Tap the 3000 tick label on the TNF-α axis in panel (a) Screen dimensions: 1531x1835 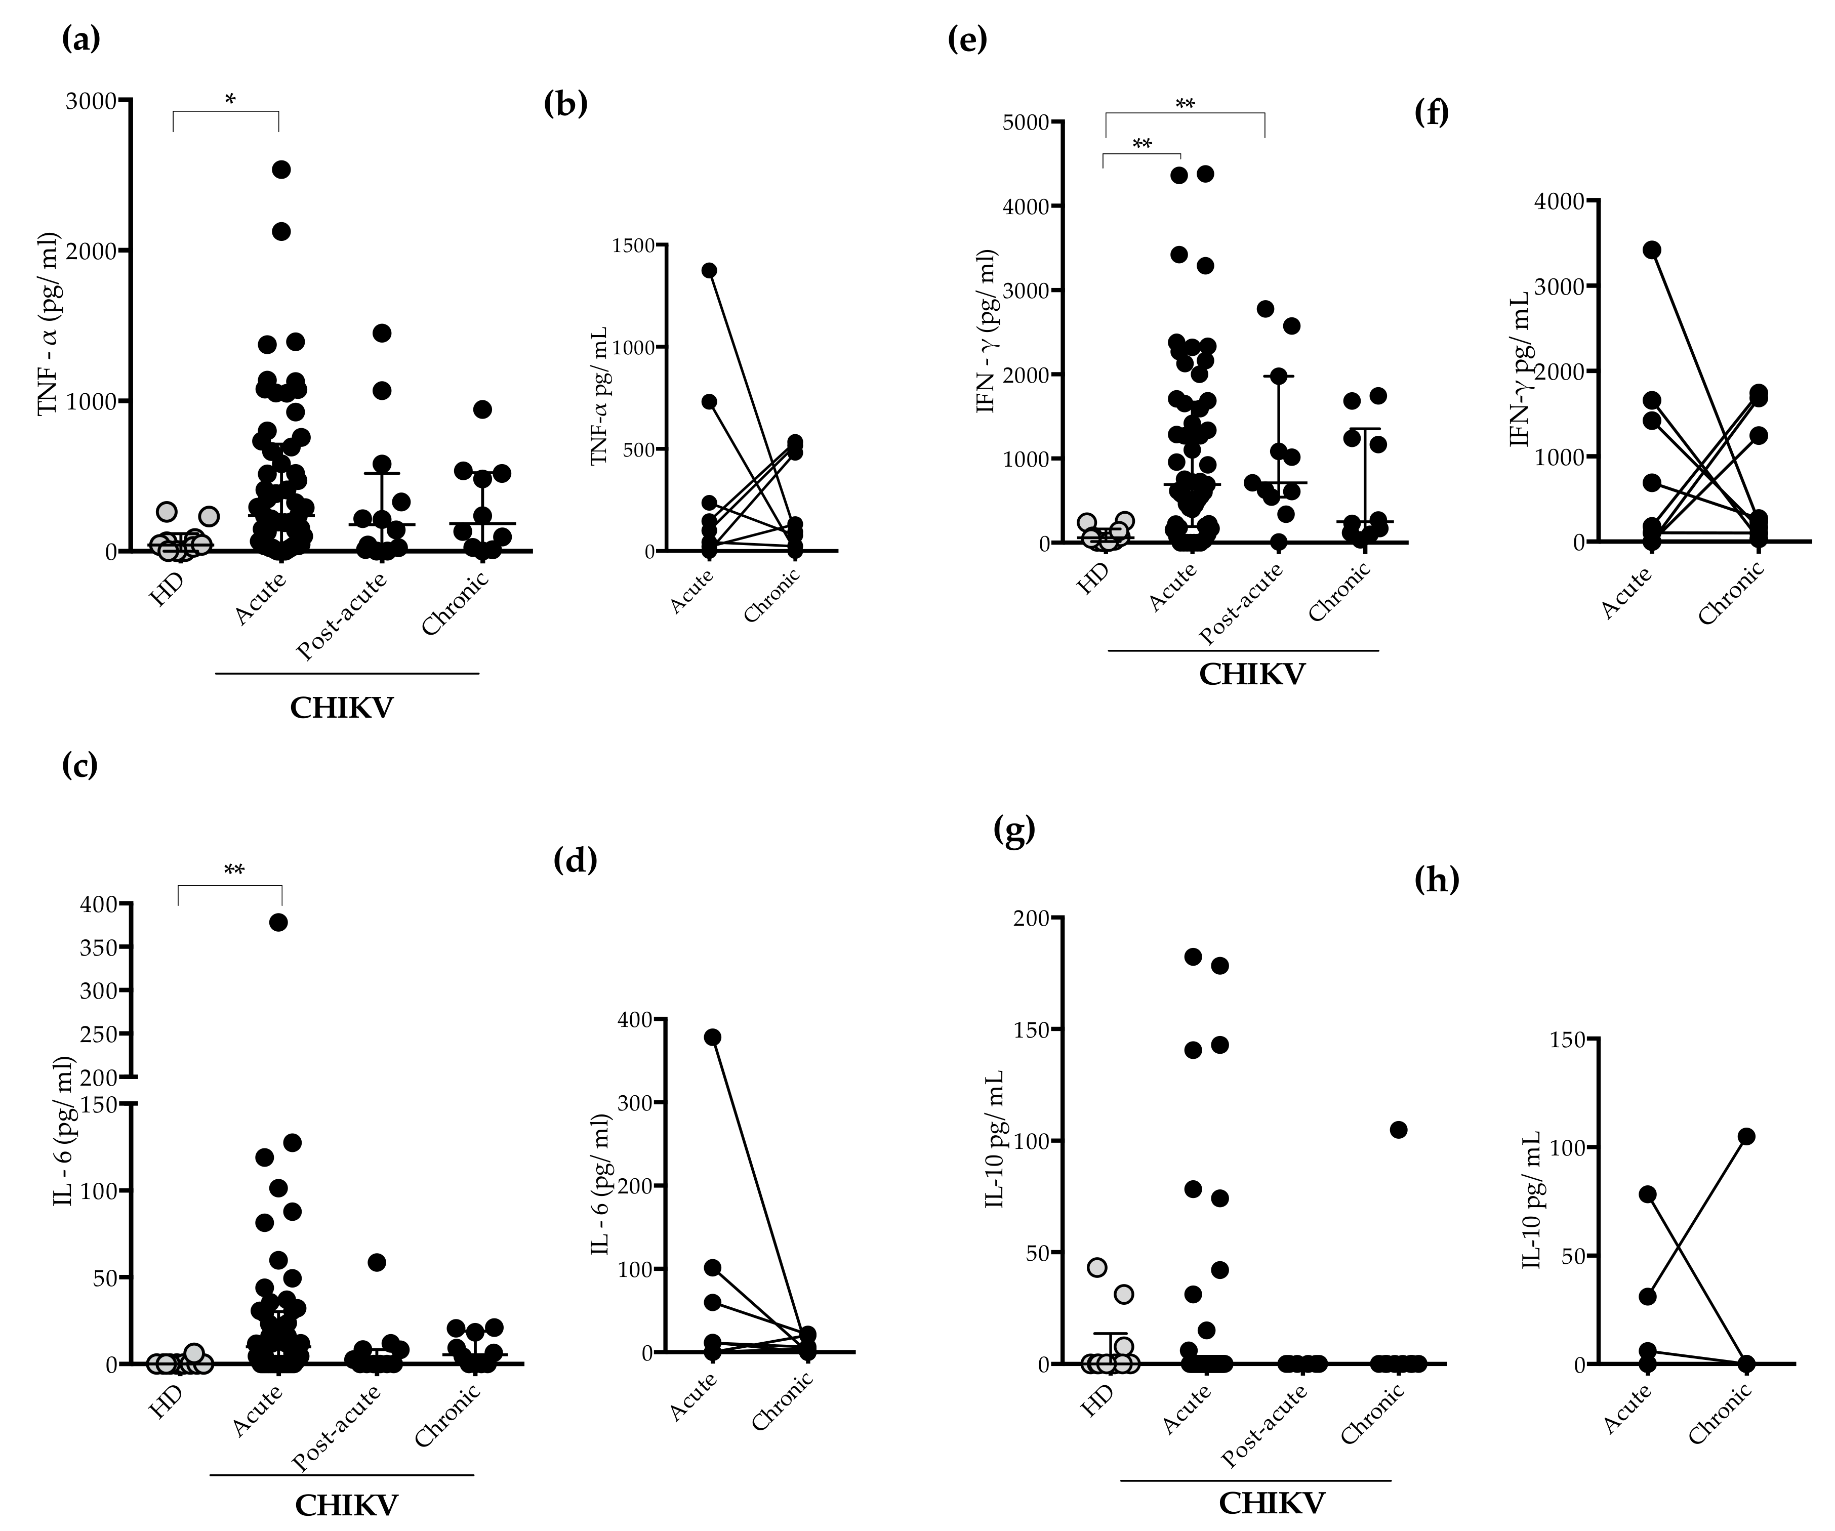pos(91,101)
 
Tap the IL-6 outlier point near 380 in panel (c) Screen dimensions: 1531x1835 pos(279,922)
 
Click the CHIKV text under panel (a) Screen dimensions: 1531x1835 pos(342,708)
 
